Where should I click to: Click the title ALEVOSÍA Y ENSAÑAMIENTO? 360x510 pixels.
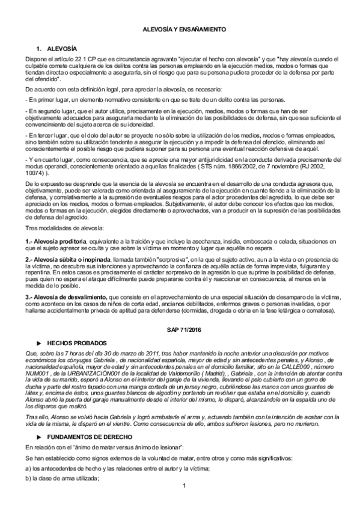(x=180, y=29)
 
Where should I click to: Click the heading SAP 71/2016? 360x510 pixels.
(x=180, y=331)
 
